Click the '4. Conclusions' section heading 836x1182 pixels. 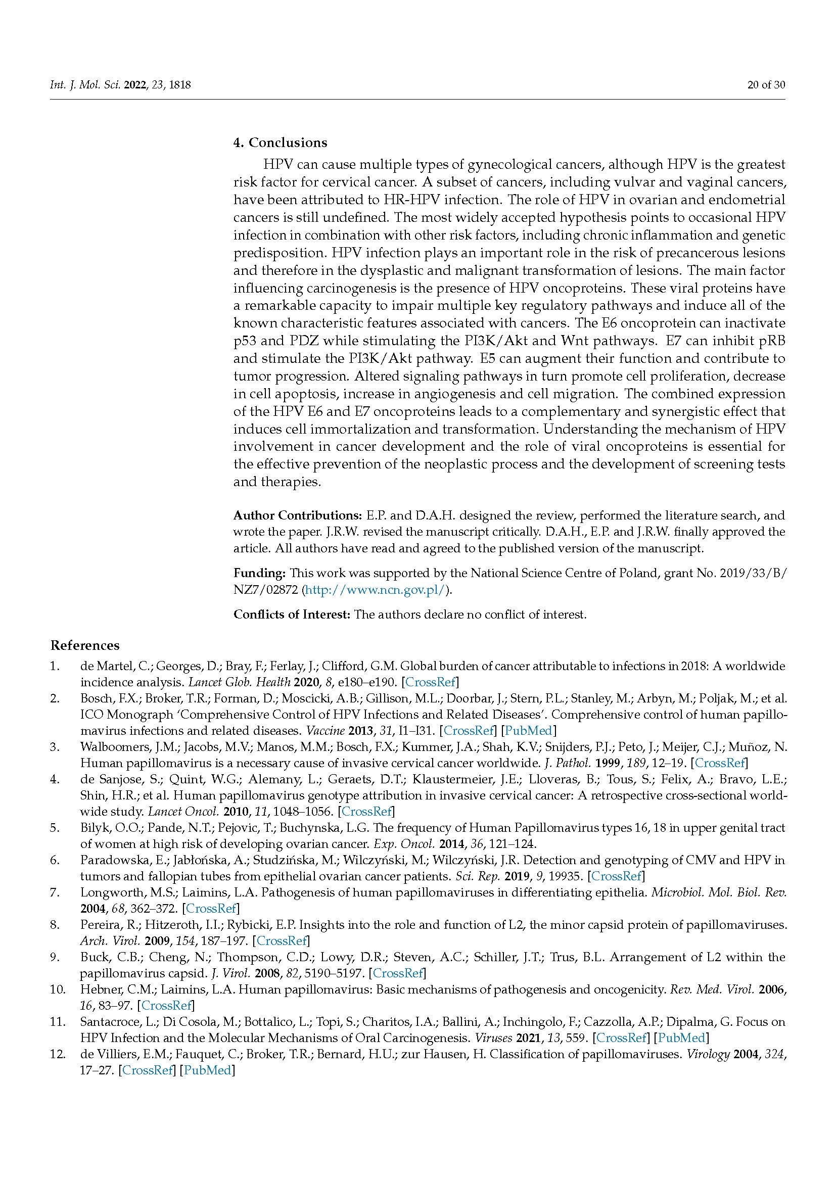(x=280, y=143)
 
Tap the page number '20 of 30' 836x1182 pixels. (x=766, y=85)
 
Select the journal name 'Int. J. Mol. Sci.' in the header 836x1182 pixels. (x=85, y=85)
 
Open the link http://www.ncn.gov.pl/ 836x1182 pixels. (x=375, y=590)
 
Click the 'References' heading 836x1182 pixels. (x=84, y=645)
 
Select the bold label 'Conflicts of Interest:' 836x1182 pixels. (x=291, y=614)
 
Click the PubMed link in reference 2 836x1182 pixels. (x=529, y=730)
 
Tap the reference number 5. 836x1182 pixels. (x=55, y=828)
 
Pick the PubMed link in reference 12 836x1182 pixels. (x=207, y=1070)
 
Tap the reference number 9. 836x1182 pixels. (x=55, y=957)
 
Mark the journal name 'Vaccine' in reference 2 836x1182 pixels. (x=323, y=730)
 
